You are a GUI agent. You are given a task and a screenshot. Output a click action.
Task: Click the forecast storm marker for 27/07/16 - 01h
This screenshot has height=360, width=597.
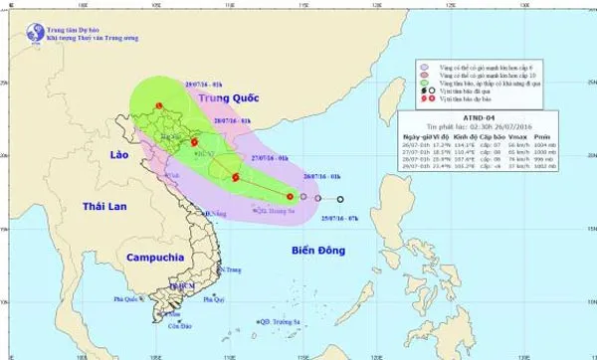[235, 178]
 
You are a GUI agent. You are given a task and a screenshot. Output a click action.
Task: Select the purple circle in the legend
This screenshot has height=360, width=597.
[424, 64]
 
